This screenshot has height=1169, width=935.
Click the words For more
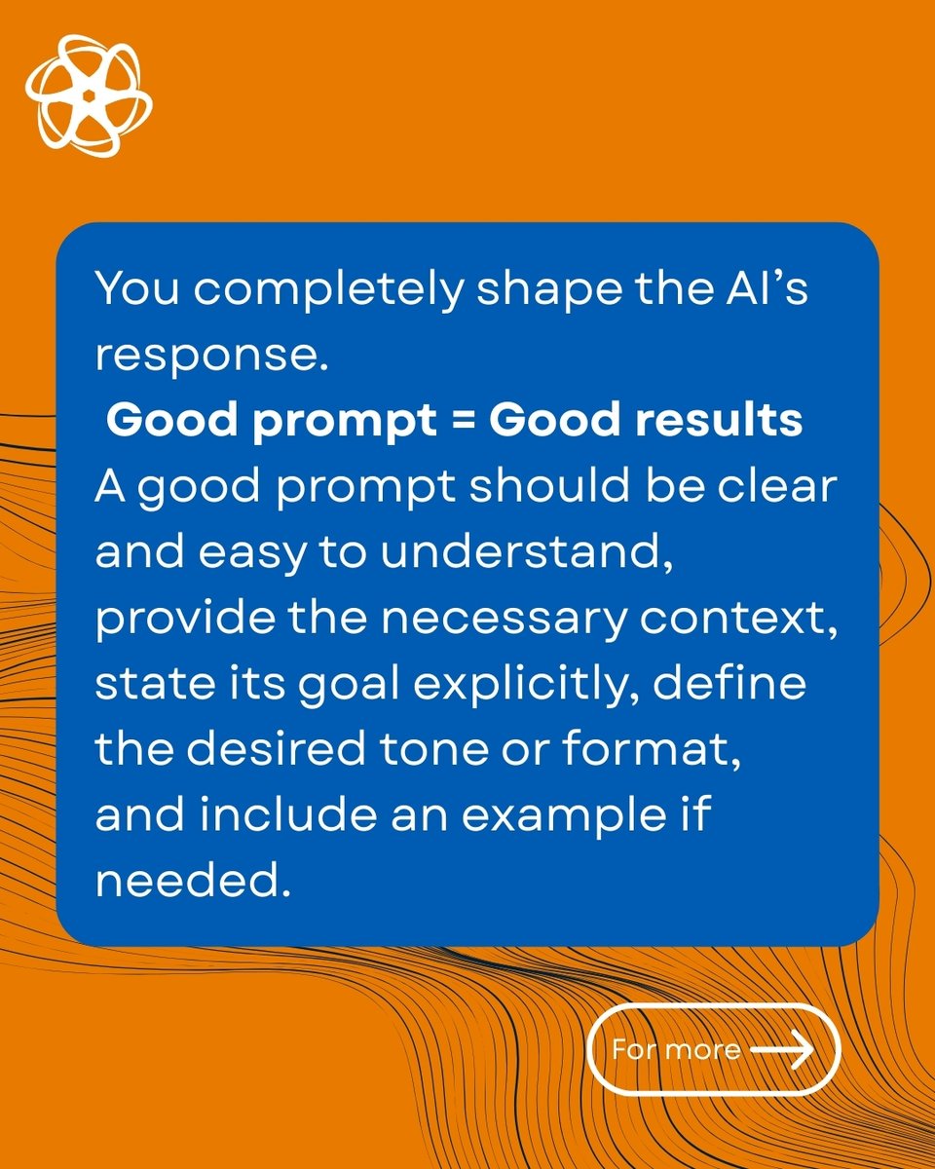[675, 1050]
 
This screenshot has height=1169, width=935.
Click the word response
[207, 357]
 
